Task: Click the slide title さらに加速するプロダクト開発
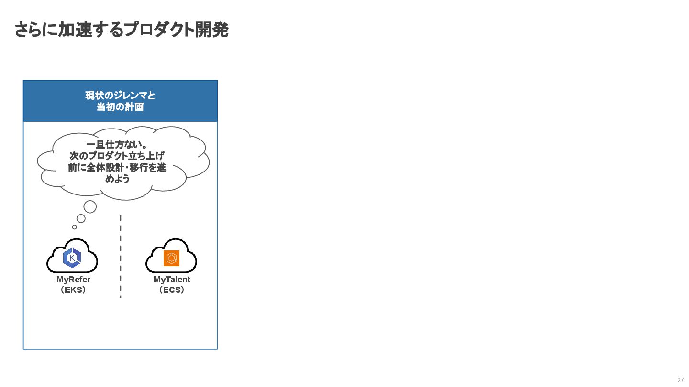(121, 30)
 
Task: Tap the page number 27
(681, 380)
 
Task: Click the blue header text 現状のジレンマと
(120, 96)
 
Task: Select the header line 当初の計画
(120, 107)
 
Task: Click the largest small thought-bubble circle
(90, 207)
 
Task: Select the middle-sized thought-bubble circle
(81, 218)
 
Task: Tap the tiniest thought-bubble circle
(74, 227)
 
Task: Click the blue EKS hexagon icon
(72, 258)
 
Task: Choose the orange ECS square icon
(171, 258)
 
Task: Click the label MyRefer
(73, 279)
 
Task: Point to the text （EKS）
(73, 290)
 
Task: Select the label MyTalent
(172, 279)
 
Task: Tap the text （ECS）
(172, 290)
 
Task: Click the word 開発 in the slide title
(212, 30)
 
